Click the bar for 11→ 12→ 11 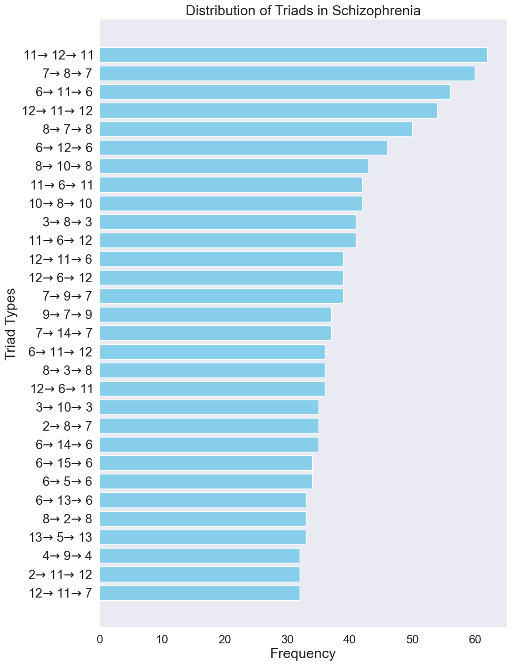(293, 55)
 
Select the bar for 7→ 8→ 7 (287, 73)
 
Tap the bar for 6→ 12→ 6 (243, 147)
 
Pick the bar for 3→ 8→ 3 (228, 222)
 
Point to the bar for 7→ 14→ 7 (216, 333)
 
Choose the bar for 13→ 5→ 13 (203, 537)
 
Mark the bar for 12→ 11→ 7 (200, 593)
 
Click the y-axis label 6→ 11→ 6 (64, 92)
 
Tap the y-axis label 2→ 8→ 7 (67, 426)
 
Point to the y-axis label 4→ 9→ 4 (67, 556)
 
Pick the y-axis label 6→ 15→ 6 (64, 463)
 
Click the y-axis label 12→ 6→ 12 (61, 277)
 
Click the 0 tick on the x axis (100, 640)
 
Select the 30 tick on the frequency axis (287, 640)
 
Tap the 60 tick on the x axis (475, 640)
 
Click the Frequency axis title (303, 654)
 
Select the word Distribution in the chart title (221, 11)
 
